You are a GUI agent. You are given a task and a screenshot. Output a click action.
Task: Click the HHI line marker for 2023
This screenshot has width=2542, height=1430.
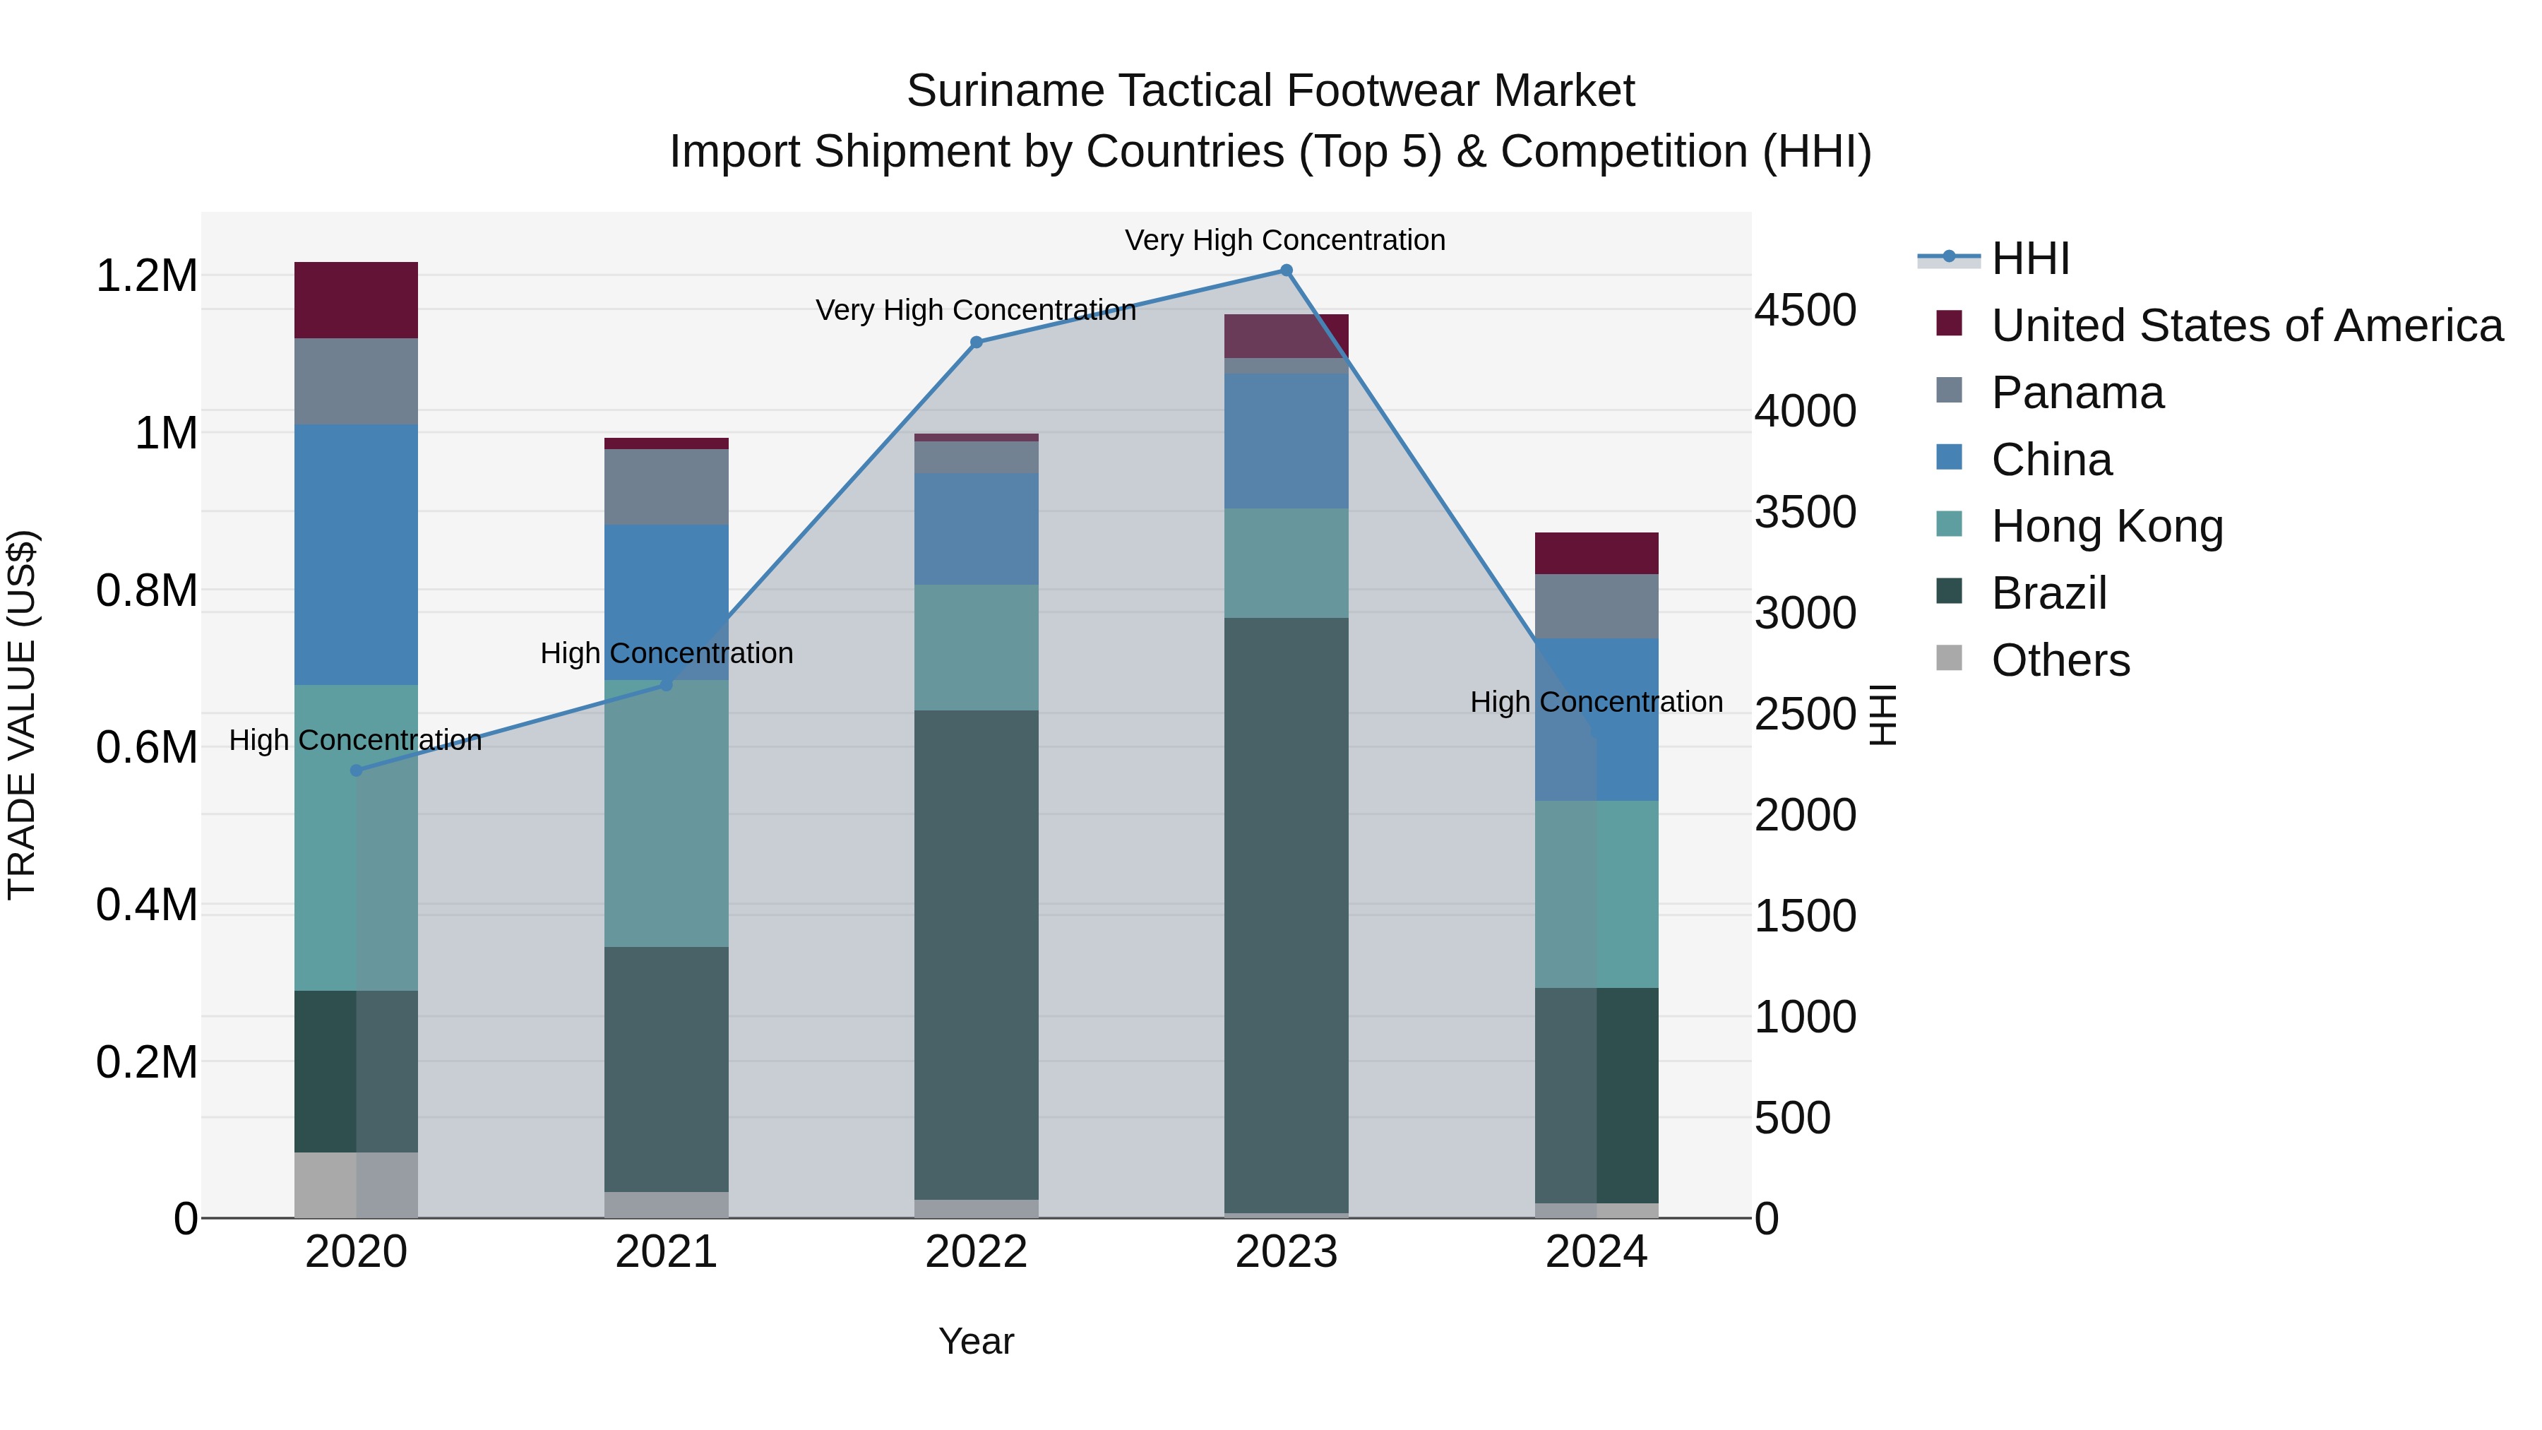tap(1286, 270)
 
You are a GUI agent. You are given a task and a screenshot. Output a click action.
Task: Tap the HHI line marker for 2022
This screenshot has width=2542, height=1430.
tap(976, 342)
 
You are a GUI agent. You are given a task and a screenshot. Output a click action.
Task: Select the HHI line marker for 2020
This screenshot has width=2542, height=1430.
tap(357, 770)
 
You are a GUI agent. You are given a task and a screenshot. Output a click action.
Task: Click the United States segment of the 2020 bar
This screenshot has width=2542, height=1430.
tap(357, 300)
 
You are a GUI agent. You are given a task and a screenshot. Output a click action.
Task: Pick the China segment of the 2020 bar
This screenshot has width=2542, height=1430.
tap(357, 554)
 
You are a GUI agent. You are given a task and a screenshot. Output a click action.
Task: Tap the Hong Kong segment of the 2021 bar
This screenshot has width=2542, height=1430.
tap(666, 814)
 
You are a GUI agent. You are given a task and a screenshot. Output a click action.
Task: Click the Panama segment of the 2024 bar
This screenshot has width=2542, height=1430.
tap(1596, 606)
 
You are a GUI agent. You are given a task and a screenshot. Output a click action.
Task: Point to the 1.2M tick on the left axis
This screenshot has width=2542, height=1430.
tap(147, 275)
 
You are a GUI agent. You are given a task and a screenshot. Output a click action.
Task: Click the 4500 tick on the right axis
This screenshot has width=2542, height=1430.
tap(1805, 310)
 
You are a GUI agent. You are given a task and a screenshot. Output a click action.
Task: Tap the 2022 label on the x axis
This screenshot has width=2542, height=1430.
tap(976, 1252)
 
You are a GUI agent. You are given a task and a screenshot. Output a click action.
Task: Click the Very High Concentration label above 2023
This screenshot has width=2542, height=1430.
tap(1285, 240)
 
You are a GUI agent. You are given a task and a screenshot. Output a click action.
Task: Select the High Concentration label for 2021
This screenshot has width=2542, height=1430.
tap(666, 653)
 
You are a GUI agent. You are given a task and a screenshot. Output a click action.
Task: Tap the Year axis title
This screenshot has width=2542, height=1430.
tap(976, 1341)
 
